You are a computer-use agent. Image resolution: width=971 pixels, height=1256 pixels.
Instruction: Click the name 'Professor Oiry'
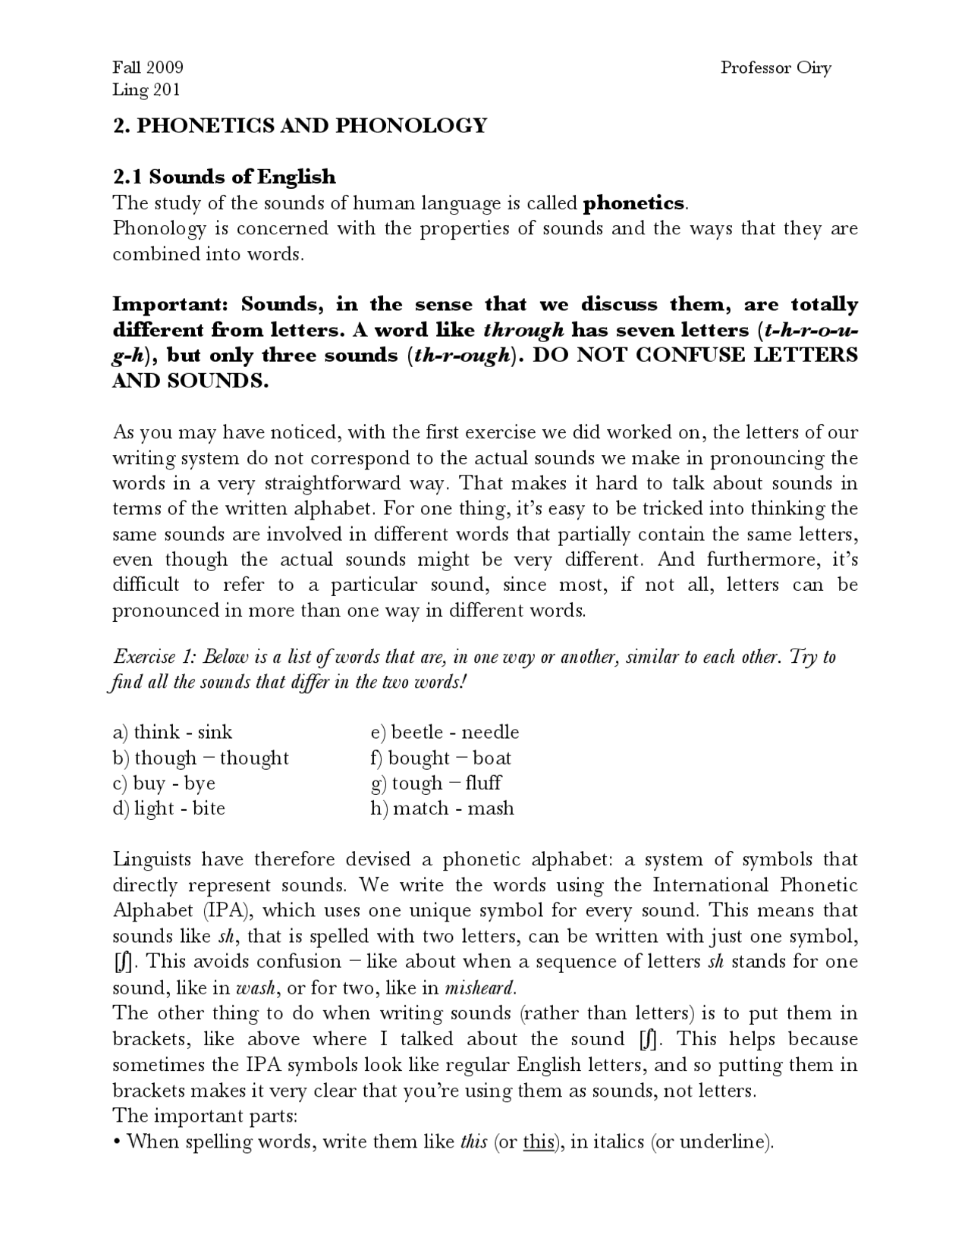pyautogui.click(x=775, y=68)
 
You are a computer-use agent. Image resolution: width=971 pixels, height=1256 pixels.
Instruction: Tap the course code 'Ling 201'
pyautogui.click(x=146, y=90)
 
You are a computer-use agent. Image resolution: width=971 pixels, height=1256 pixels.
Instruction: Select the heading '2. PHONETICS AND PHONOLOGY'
pyautogui.click(x=300, y=126)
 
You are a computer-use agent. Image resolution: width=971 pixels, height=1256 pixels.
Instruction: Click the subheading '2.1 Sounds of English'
pyautogui.click(x=224, y=177)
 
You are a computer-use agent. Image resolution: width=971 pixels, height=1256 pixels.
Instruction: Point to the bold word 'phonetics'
pyautogui.click(x=633, y=203)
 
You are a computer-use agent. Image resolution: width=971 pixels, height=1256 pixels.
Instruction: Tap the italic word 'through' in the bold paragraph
pyautogui.click(x=523, y=331)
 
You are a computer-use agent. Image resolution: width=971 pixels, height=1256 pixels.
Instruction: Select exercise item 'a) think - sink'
pyautogui.click(x=173, y=733)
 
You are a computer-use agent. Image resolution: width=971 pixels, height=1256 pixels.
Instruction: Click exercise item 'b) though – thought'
pyautogui.click(x=201, y=758)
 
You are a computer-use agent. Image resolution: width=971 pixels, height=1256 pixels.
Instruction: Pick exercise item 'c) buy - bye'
pyautogui.click(x=164, y=783)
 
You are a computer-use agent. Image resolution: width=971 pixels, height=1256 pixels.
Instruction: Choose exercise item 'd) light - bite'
pyautogui.click(x=169, y=809)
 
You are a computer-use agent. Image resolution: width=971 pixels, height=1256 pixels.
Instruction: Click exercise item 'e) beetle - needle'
pyautogui.click(x=445, y=733)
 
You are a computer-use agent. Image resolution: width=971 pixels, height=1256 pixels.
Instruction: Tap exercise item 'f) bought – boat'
pyautogui.click(x=441, y=758)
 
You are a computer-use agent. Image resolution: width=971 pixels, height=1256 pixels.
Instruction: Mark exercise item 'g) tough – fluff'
pyautogui.click(x=436, y=783)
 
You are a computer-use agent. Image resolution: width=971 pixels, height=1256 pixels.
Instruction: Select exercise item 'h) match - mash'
pyautogui.click(x=442, y=809)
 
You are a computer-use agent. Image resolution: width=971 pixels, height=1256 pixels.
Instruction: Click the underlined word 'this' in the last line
pyautogui.click(x=538, y=1142)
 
